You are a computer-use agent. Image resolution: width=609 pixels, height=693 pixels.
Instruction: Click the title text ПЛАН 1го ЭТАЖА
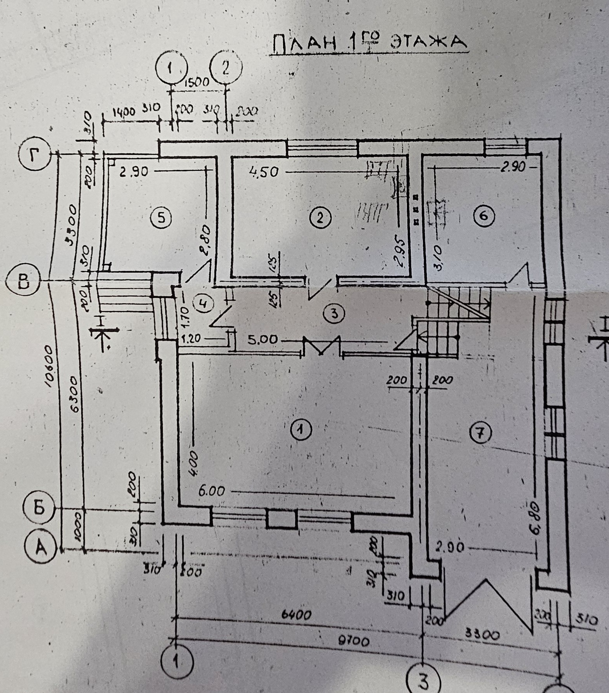(368, 43)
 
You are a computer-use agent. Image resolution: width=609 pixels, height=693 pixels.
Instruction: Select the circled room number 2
(320, 218)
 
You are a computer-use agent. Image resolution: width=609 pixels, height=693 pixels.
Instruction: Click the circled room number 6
(484, 215)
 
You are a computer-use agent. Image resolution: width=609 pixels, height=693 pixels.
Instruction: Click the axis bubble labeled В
(24, 282)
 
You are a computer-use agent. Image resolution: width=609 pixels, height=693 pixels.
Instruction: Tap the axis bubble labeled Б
(39, 508)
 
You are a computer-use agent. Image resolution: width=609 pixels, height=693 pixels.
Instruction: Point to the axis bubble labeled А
(41, 547)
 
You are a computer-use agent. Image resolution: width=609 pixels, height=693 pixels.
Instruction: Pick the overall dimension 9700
(354, 641)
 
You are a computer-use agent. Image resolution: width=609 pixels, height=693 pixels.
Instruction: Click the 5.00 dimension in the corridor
(263, 340)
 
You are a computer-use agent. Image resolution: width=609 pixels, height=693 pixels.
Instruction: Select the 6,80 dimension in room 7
(535, 518)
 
